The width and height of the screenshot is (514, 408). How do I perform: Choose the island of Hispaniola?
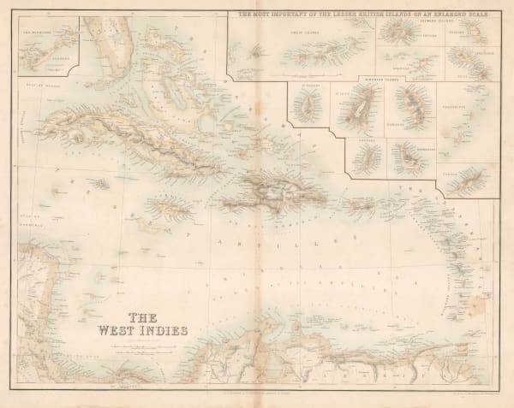pos(265,192)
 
